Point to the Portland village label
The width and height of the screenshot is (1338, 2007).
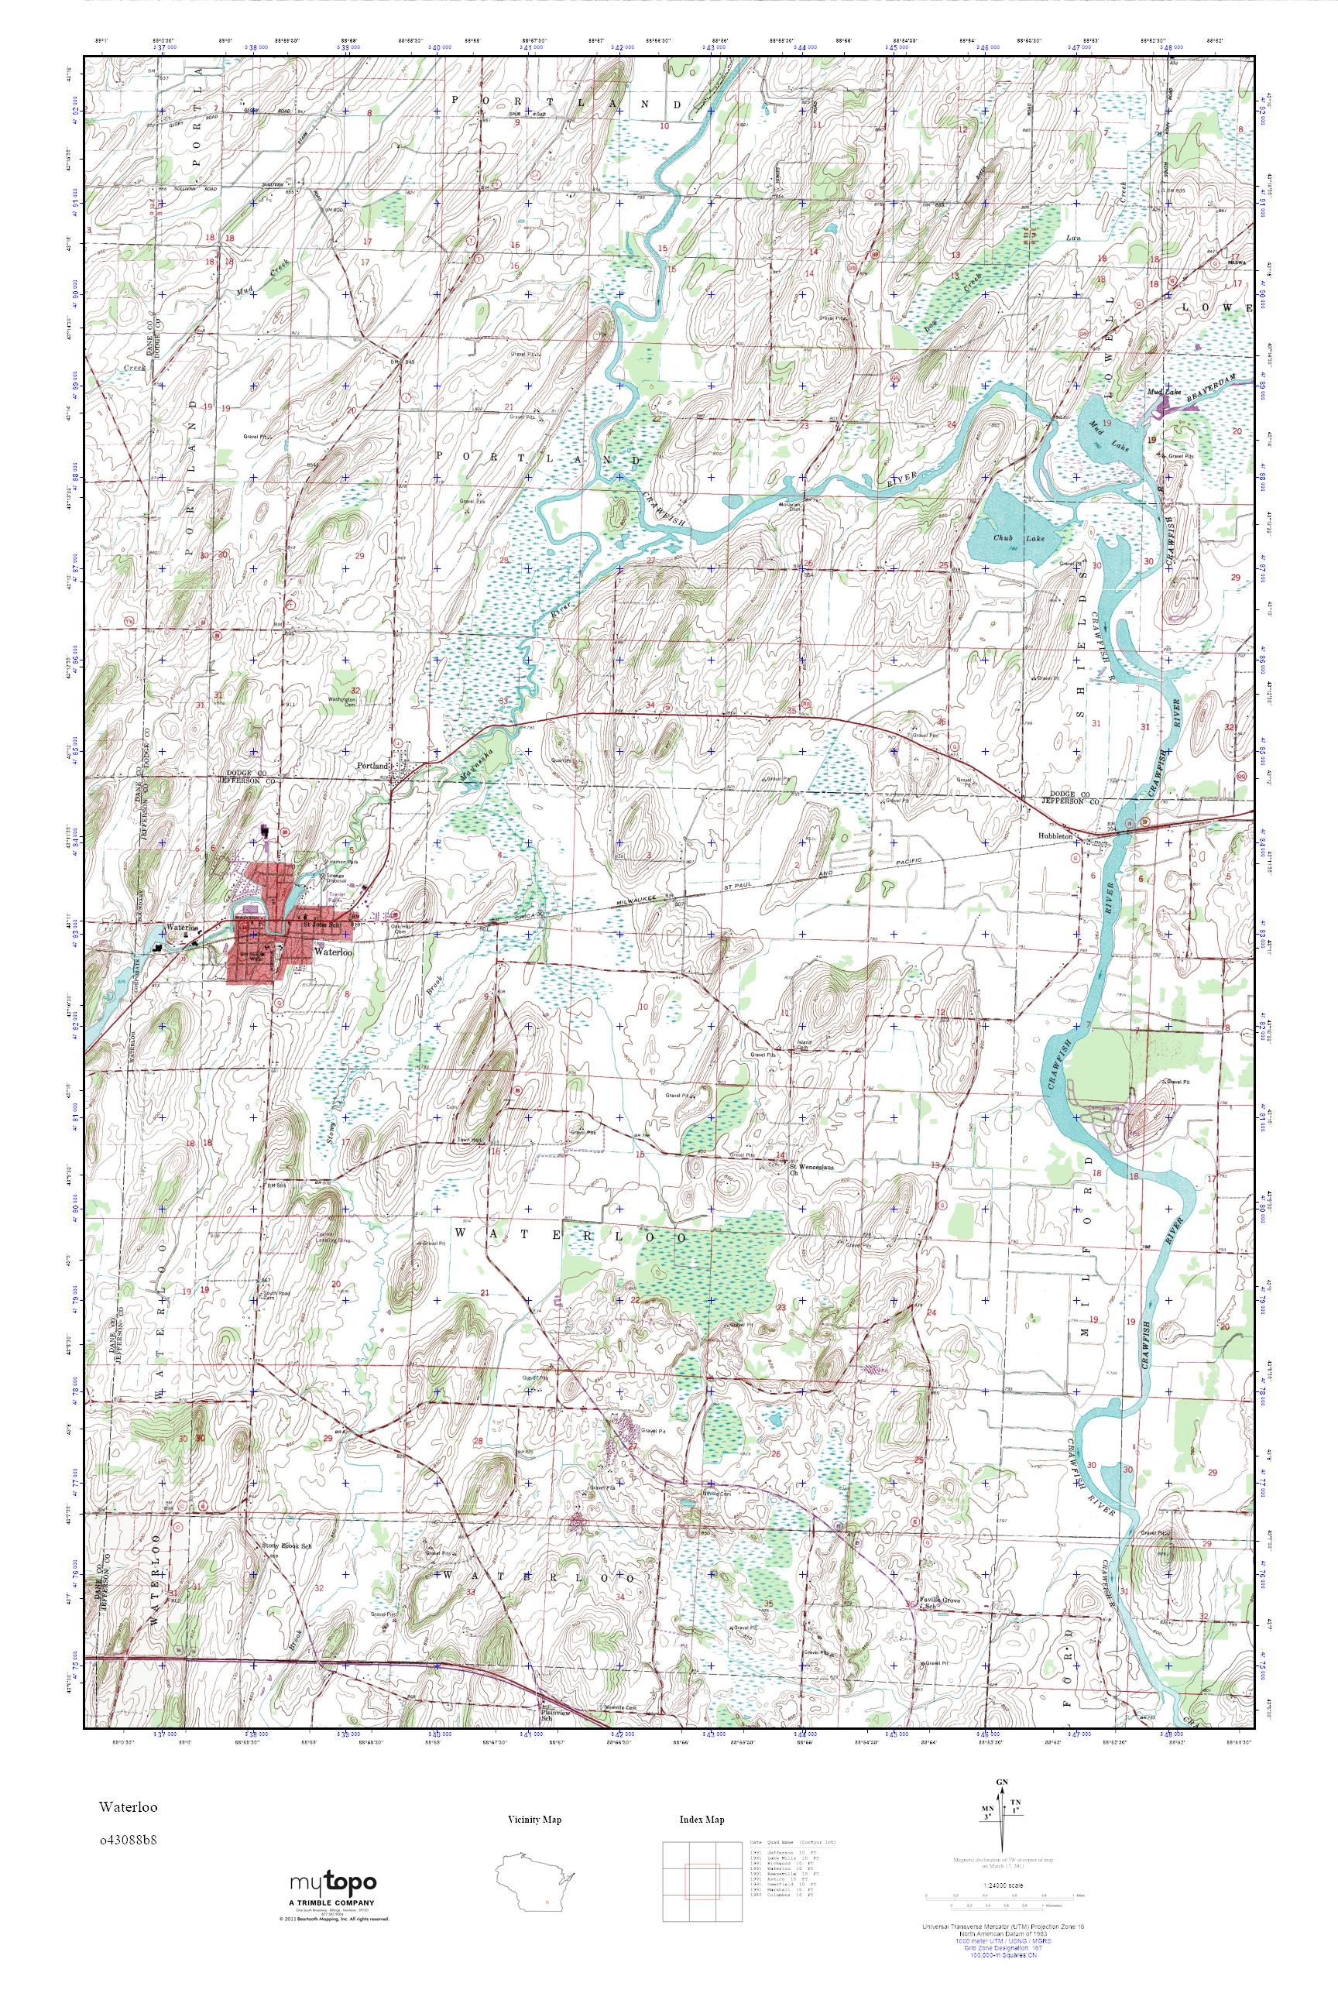point(373,767)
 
